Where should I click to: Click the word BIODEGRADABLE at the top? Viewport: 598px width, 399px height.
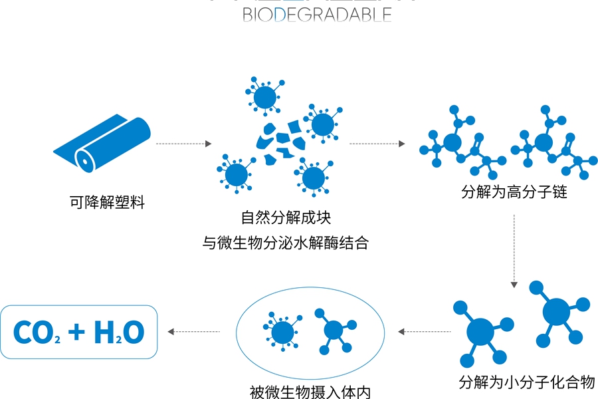tap(317, 15)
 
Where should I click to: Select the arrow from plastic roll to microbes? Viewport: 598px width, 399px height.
tap(183, 144)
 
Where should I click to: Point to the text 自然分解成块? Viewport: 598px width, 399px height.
tap(286, 217)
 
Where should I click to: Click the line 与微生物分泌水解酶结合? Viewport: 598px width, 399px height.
tap(286, 243)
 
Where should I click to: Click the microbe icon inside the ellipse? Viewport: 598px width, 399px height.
tap(282, 330)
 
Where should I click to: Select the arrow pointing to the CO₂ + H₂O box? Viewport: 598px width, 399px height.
tap(194, 331)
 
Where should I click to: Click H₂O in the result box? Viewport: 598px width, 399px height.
tap(119, 332)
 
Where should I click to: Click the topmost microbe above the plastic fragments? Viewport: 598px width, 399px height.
tap(265, 97)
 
